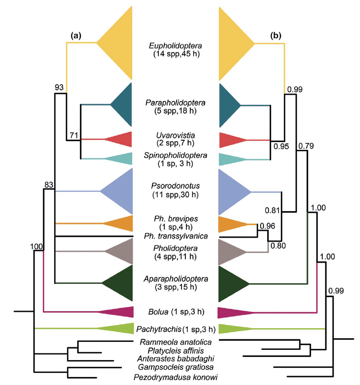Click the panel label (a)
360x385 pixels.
pyautogui.click(x=76, y=35)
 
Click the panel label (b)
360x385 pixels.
pyautogui.click(x=275, y=35)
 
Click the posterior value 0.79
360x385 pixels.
pyautogui.click(x=305, y=145)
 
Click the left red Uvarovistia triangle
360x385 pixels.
pyautogui.click(x=119, y=139)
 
